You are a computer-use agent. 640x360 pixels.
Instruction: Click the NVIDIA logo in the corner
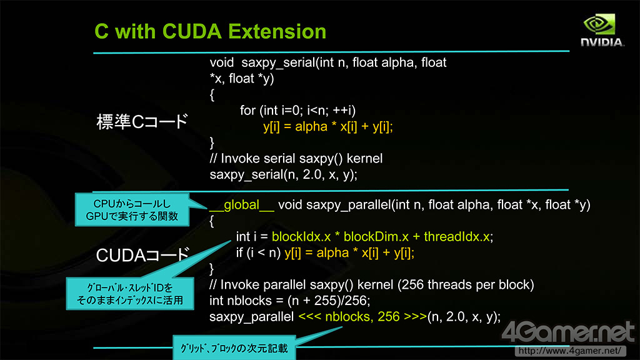coord(602,31)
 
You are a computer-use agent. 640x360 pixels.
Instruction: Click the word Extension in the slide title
coord(277,31)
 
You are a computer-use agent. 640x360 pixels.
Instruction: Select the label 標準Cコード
coord(142,122)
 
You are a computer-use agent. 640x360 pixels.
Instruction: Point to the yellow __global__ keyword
coord(242,205)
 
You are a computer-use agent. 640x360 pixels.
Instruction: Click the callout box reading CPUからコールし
coord(132,210)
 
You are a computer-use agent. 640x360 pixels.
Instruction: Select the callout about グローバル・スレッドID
coord(130,294)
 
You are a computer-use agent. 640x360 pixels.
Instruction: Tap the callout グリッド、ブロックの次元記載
coord(234,347)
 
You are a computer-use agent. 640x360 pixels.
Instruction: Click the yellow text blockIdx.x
coord(301,237)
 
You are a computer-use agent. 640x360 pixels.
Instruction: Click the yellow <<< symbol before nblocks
coord(310,317)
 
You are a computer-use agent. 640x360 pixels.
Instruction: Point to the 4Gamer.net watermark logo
coord(568,332)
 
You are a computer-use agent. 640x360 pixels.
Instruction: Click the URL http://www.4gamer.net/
coord(570,351)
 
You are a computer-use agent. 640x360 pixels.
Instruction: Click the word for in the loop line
coord(247,111)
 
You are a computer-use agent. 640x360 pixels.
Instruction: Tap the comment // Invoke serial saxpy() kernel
coord(296,158)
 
